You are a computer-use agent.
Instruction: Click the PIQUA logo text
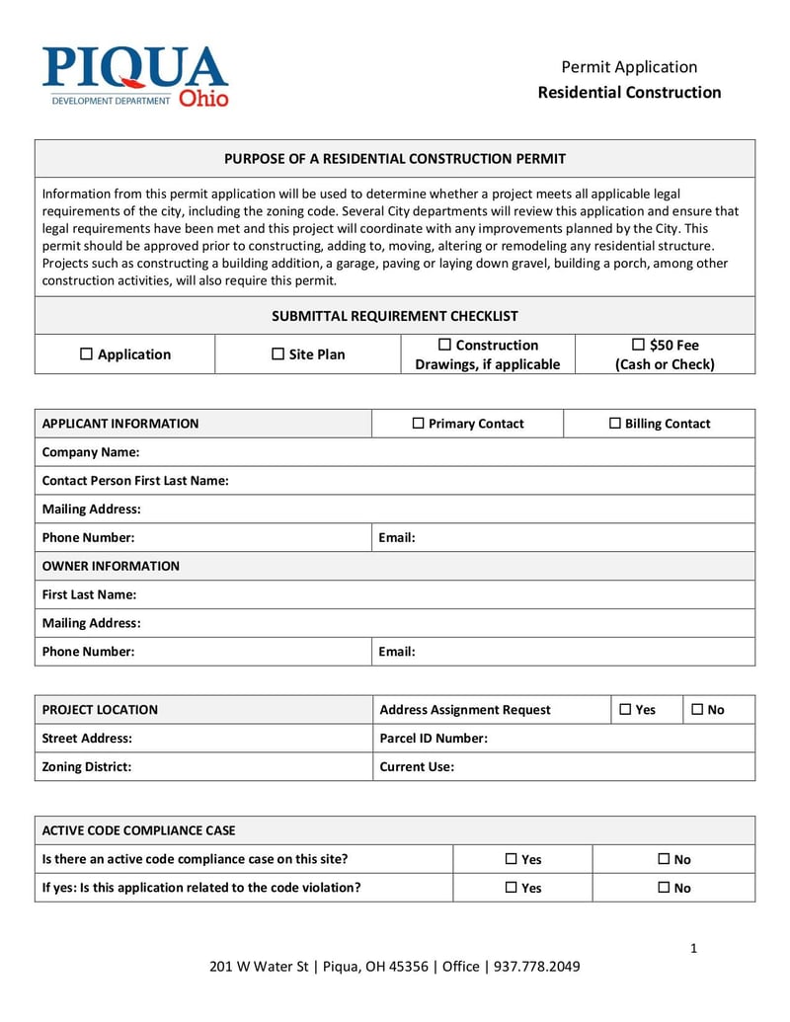(x=135, y=69)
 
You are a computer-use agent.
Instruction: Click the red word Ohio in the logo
(x=203, y=99)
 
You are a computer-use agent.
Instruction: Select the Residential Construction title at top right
(x=629, y=92)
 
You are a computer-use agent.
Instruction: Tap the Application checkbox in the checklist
(x=86, y=354)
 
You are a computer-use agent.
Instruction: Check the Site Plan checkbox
(x=277, y=354)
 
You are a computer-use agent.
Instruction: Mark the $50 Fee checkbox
(x=638, y=345)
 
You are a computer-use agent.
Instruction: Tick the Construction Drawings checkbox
(x=444, y=345)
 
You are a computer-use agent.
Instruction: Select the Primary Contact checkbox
(x=418, y=424)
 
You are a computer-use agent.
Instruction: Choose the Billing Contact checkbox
(x=614, y=424)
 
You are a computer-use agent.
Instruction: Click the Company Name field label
(x=91, y=452)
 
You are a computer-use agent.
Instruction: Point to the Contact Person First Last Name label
(x=135, y=481)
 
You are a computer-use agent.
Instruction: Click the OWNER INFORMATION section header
(x=111, y=566)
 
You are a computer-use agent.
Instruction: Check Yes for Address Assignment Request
(x=625, y=709)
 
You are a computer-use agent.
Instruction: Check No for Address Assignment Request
(x=697, y=709)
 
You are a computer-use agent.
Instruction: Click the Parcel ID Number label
(x=434, y=738)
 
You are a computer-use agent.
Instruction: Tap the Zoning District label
(x=87, y=766)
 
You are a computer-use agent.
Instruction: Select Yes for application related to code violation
(x=512, y=888)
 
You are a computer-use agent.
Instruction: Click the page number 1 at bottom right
(x=693, y=949)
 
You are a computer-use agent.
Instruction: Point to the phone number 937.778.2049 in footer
(x=537, y=967)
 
